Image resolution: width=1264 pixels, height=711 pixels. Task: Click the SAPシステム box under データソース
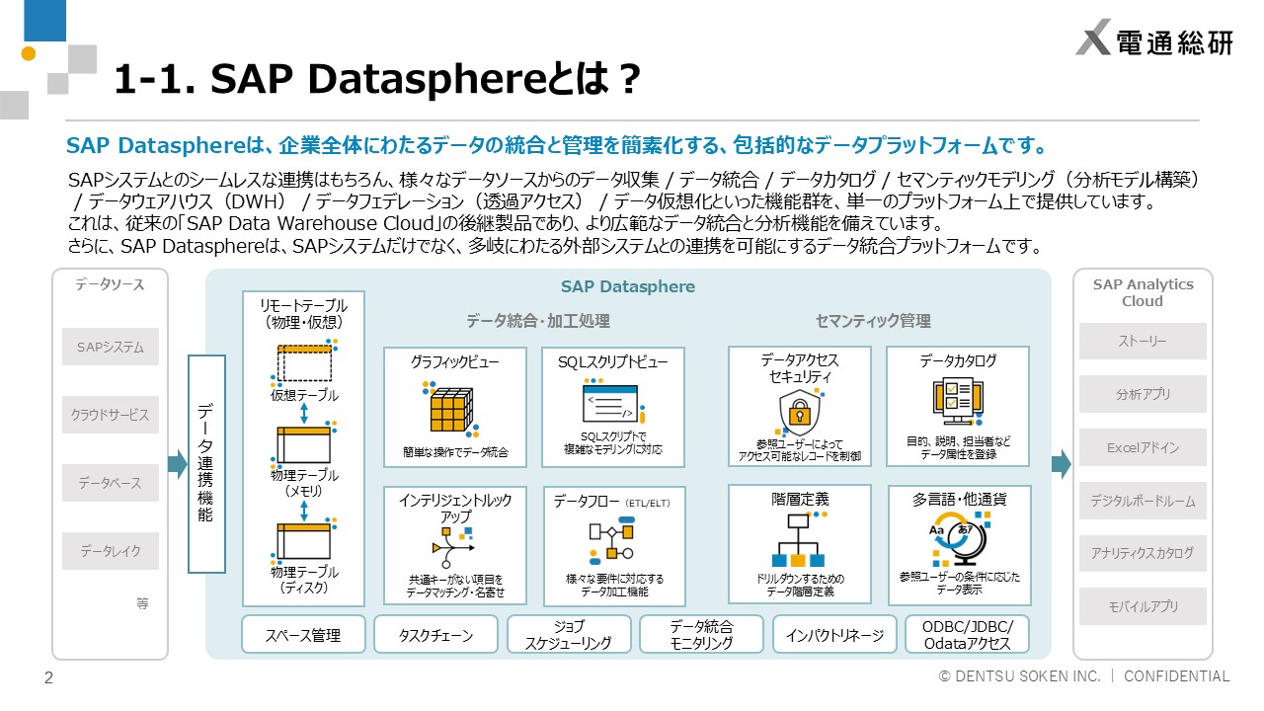tap(111, 347)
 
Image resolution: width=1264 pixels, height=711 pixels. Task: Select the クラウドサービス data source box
tap(111, 415)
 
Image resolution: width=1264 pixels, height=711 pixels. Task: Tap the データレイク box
tap(111, 551)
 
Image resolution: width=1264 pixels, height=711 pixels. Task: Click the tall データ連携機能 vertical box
tap(206, 464)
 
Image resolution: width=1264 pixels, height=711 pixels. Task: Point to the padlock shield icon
tap(800, 413)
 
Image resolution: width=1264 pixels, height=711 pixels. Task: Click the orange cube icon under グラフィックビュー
tap(450, 410)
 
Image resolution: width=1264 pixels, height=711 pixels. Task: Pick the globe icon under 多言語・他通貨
tap(959, 539)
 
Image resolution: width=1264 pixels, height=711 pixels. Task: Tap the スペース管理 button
tap(303, 635)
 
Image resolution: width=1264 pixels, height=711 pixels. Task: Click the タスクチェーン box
tap(436, 635)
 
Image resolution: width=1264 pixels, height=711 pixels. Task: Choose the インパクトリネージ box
tap(834, 635)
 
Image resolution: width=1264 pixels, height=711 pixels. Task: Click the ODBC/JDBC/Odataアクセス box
tap(967, 635)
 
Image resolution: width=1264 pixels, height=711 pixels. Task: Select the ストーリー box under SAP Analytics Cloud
tap(1143, 341)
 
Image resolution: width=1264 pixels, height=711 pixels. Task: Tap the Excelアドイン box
tap(1143, 447)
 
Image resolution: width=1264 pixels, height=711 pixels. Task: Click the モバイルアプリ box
tap(1143, 606)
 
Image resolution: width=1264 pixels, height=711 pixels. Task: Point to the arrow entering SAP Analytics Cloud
tap(1062, 464)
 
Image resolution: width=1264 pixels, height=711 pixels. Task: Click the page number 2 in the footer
tap(48, 677)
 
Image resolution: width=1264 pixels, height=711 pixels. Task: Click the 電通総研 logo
tap(1154, 38)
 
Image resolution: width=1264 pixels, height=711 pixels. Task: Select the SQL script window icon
tap(613, 402)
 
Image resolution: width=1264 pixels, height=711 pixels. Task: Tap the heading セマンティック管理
tap(873, 321)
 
